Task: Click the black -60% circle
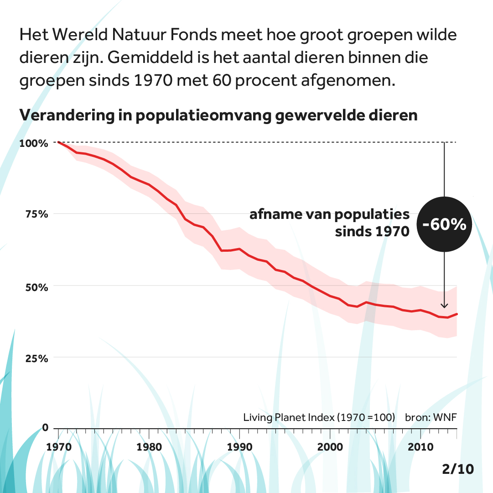pos(444,224)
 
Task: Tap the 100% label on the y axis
pos(34,143)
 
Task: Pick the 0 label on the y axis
pos(45,428)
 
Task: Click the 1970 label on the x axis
pos(59,447)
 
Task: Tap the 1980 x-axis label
pos(149,447)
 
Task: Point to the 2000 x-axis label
pos(330,447)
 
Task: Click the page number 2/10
pos(458,469)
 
